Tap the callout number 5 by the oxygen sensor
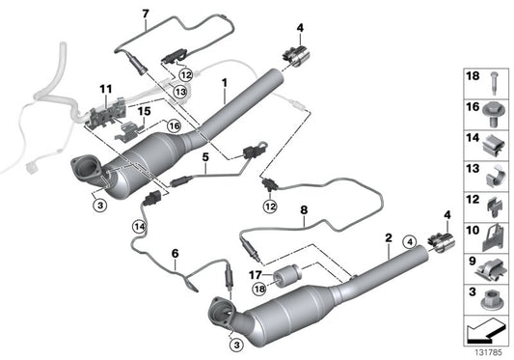(x=205, y=155)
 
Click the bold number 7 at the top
(x=146, y=13)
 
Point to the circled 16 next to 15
(x=175, y=125)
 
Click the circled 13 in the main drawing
(x=180, y=91)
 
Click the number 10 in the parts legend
(x=472, y=232)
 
